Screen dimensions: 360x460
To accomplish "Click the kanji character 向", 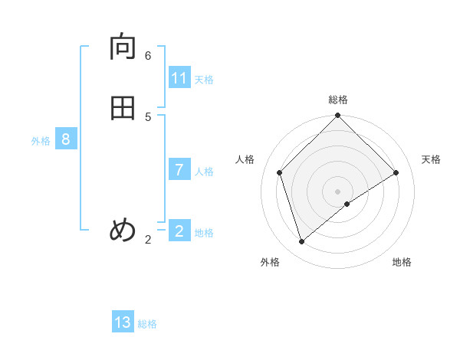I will [x=123, y=48].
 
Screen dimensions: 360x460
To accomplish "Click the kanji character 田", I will [x=123, y=108].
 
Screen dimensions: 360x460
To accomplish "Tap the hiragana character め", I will [x=123, y=230].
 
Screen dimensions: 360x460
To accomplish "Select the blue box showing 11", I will [x=179, y=78].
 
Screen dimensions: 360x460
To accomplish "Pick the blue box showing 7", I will [x=179, y=170].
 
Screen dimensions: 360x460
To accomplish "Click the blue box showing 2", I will [x=179, y=231].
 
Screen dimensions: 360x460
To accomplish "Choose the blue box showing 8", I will [x=66, y=139].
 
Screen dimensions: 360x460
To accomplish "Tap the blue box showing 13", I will [x=123, y=322].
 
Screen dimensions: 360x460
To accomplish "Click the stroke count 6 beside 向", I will [x=148, y=56].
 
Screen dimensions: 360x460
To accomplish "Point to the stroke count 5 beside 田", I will [x=148, y=116].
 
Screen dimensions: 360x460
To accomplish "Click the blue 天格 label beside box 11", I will [x=204, y=80].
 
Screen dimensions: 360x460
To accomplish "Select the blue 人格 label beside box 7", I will [x=204, y=172].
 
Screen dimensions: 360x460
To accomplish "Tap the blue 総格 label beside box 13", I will [x=147, y=324].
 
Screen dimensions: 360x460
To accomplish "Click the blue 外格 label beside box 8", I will [x=41, y=141].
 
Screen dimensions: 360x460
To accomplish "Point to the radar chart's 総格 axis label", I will [x=338, y=100].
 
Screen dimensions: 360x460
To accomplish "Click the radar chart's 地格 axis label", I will [x=402, y=262].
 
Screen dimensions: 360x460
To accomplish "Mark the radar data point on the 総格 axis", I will [x=338, y=116].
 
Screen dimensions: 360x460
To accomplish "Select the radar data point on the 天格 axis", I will [x=396, y=172].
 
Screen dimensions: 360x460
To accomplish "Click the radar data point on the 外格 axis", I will [x=302, y=242].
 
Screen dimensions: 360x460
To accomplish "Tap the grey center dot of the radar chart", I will [x=338, y=191].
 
